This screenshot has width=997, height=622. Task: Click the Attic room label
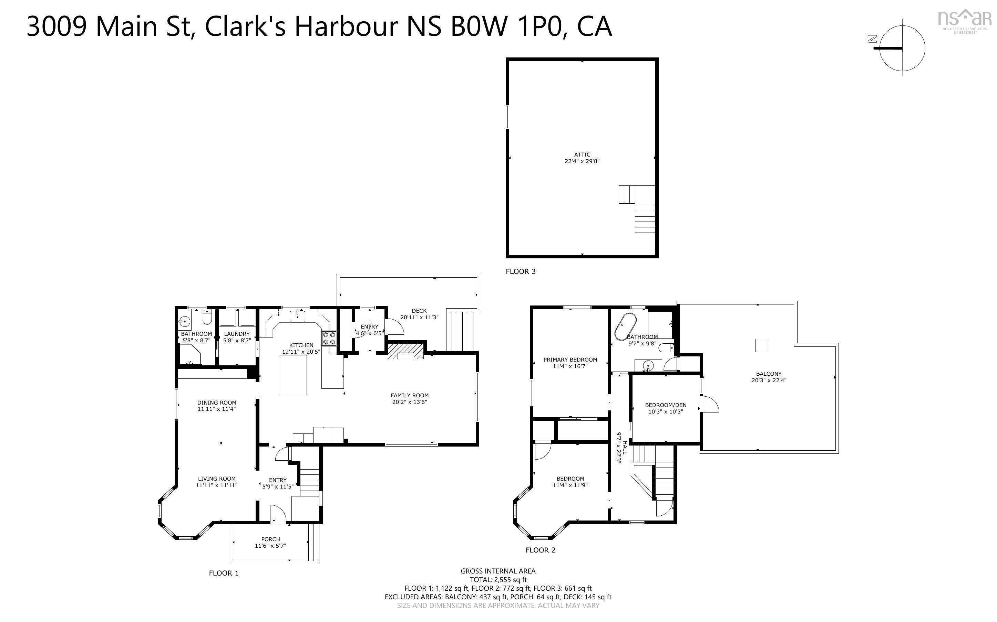(582, 155)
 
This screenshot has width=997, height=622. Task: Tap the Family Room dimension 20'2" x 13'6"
(409, 402)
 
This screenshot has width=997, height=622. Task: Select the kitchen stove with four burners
(329, 338)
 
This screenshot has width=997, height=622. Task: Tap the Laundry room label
(237, 334)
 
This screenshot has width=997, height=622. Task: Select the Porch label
(270, 539)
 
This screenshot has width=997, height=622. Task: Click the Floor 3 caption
(521, 271)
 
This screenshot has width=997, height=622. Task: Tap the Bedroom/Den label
(666, 405)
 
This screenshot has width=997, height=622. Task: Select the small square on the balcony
(761, 345)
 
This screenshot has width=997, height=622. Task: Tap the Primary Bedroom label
(570, 360)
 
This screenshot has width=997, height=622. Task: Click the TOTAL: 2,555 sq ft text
(498, 580)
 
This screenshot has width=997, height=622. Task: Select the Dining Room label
(217, 403)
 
